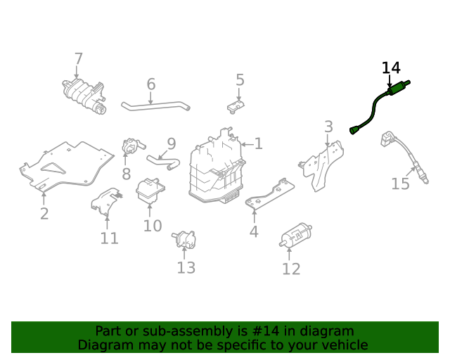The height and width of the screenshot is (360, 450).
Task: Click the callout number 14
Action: (x=391, y=68)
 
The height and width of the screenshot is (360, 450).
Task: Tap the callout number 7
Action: (x=78, y=59)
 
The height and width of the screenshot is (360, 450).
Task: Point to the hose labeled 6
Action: (x=155, y=107)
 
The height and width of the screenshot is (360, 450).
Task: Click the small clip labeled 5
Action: (x=237, y=106)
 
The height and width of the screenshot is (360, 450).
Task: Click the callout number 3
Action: (x=328, y=127)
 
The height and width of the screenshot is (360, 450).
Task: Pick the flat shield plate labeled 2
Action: (x=67, y=167)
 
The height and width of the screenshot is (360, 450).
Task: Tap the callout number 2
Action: (x=44, y=213)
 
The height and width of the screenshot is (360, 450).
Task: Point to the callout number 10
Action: (x=153, y=226)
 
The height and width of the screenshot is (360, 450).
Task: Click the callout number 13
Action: (x=186, y=267)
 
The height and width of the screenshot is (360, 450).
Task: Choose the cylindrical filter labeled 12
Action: (x=296, y=236)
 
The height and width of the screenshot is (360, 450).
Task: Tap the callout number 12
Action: (x=291, y=269)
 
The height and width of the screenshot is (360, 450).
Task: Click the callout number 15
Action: (x=400, y=184)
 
